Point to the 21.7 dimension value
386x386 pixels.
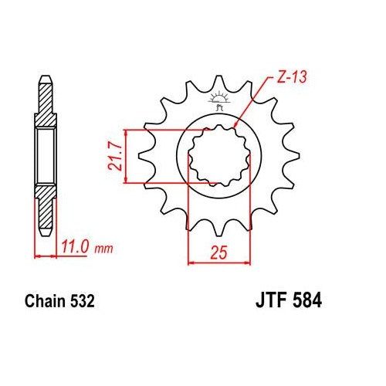tap(113, 156)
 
